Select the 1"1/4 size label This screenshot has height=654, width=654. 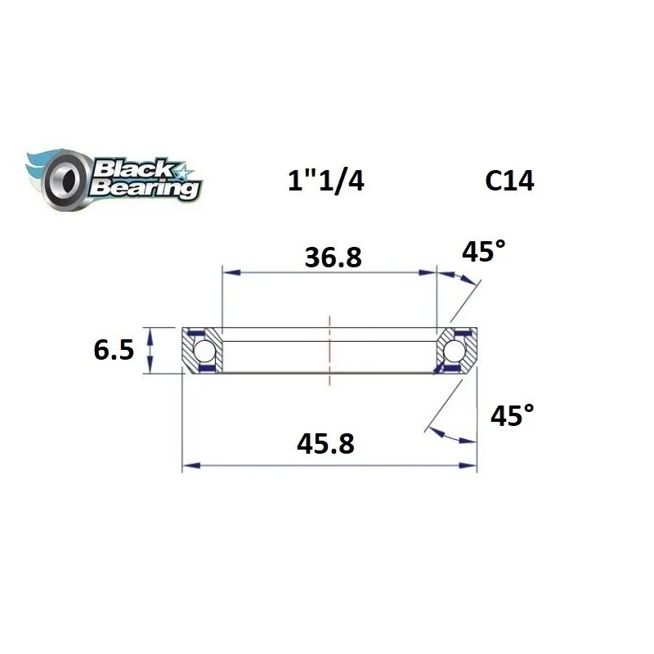(x=325, y=181)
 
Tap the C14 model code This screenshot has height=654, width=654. (x=508, y=181)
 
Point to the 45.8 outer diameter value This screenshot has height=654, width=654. (x=328, y=445)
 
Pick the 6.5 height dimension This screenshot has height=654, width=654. (x=114, y=351)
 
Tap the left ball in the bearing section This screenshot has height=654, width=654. (x=205, y=351)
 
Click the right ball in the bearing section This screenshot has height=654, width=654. (x=455, y=351)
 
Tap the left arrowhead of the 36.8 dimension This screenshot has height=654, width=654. (x=230, y=271)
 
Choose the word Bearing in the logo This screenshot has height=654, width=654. (x=144, y=188)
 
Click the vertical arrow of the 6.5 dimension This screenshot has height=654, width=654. (x=150, y=351)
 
